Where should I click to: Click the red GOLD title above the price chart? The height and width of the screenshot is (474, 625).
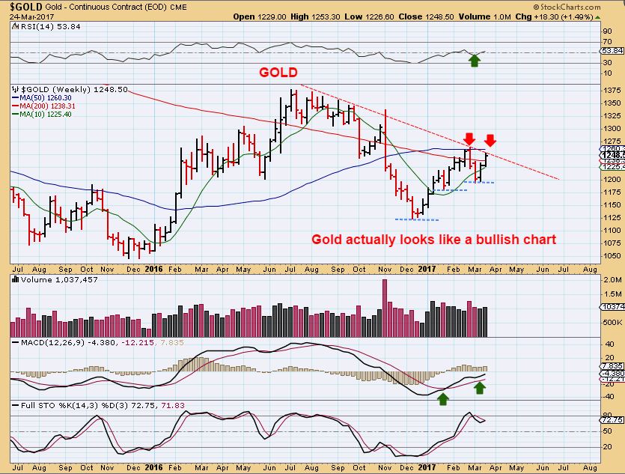point(278,73)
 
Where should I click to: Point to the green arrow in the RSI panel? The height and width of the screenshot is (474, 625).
point(474,60)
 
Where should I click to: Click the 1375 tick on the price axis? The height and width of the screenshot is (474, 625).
point(612,90)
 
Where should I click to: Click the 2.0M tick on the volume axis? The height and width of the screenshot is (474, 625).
point(612,279)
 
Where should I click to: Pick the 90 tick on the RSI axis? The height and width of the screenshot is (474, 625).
point(608,31)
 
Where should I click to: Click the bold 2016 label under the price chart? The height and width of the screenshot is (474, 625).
point(153,267)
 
